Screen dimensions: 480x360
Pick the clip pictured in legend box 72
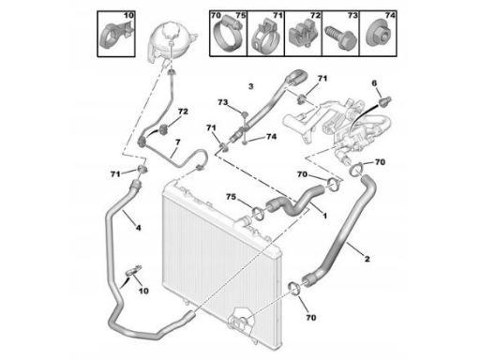point(303,36)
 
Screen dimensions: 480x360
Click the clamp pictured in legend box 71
point(265,36)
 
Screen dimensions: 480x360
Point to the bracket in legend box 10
point(114,36)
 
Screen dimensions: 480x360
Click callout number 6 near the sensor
point(374,83)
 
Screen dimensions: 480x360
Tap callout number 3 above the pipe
point(250,86)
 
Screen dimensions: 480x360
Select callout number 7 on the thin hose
point(178,142)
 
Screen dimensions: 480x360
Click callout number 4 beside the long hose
point(138,228)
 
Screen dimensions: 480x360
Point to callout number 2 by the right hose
point(367,259)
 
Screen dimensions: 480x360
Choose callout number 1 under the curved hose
point(324,216)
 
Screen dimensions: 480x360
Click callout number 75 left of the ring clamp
point(232,197)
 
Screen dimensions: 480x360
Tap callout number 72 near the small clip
point(183,112)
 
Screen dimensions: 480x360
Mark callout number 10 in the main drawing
point(143,291)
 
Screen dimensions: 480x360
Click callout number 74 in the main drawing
point(271,137)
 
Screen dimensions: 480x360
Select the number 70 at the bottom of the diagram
point(311,318)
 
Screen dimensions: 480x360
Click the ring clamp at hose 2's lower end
point(294,288)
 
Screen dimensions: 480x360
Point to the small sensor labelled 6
point(384,100)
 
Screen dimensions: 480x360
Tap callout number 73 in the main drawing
point(223,102)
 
